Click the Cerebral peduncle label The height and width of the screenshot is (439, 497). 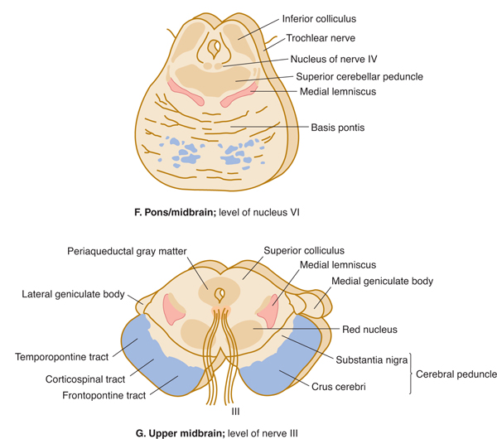pyautogui.click(x=457, y=373)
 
